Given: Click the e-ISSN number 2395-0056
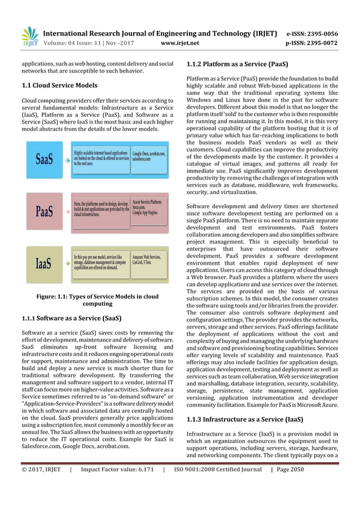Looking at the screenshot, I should [323, 33].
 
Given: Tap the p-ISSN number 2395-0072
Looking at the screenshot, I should [323, 42].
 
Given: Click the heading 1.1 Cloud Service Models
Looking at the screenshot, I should [58, 85].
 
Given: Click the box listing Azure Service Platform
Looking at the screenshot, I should [150, 207].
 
